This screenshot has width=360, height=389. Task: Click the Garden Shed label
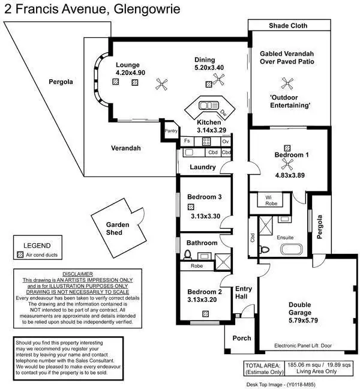click(118, 229)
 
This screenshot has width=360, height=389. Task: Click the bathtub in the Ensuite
click(293, 249)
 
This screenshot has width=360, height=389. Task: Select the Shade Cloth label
click(288, 26)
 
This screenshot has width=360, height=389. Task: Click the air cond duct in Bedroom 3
click(190, 207)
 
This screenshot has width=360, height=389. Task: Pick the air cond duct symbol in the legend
click(22, 255)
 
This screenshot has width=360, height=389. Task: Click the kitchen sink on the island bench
click(206, 106)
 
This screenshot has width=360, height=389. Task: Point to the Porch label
click(242, 339)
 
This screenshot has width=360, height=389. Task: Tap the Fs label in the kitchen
click(188, 141)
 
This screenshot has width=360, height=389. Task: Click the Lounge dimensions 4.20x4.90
click(130, 73)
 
